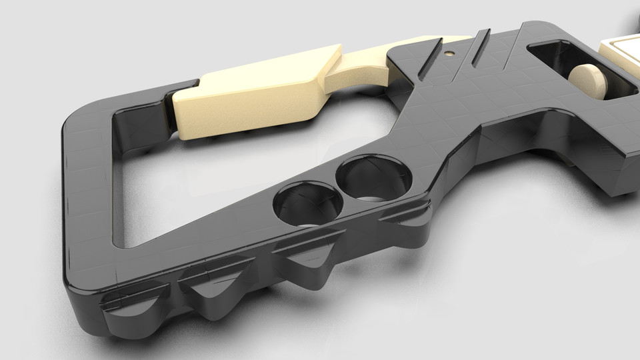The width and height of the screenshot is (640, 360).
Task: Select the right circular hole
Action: pyautogui.click(x=374, y=179)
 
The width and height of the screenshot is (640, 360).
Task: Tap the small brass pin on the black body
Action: pyautogui.click(x=449, y=51)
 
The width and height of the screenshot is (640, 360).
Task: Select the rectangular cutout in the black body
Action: pyautogui.click(x=573, y=67)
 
